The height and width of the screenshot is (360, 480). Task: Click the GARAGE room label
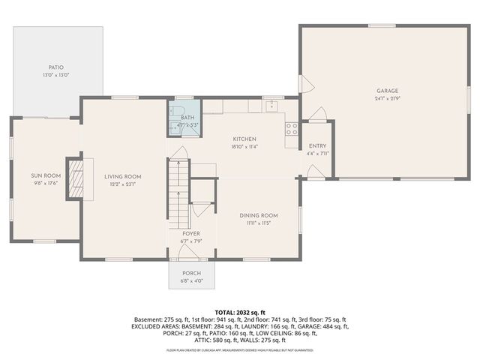[387, 90]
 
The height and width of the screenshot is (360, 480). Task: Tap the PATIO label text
[55, 67]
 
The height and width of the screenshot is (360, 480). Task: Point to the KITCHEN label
[244, 139]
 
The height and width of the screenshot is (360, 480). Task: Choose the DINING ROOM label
[259, 215]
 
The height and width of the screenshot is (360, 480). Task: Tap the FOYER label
[190, 233]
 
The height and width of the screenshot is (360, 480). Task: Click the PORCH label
[191, 273]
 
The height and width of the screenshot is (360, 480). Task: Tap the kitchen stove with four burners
[291, 128]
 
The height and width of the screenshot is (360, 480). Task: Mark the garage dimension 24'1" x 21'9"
[387, 98]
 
